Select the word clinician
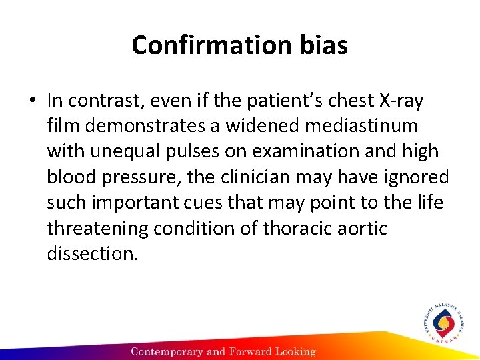pos(259,177)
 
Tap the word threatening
pos(98,229)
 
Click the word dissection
pos(91,254)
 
